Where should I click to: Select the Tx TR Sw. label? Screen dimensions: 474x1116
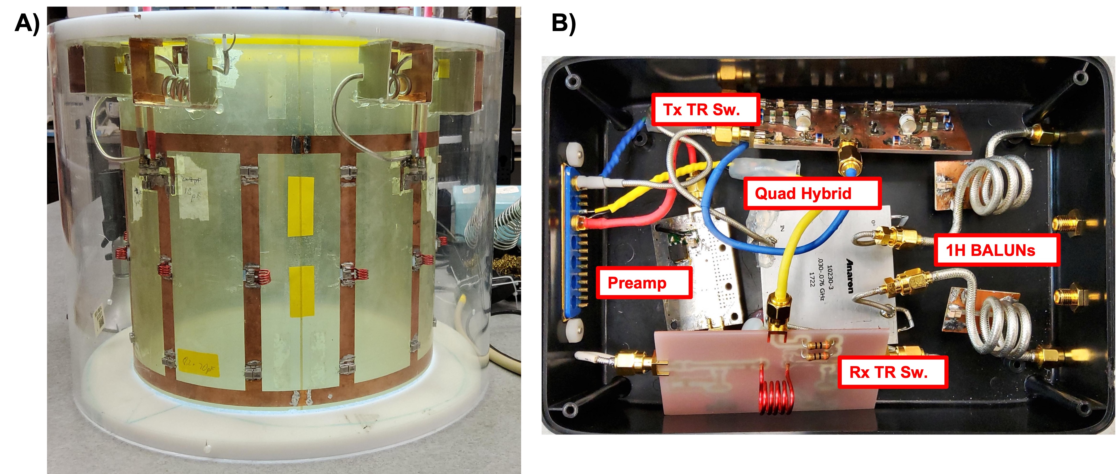click(705, 110)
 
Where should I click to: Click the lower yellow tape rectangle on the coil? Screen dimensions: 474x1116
click(302, 291)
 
